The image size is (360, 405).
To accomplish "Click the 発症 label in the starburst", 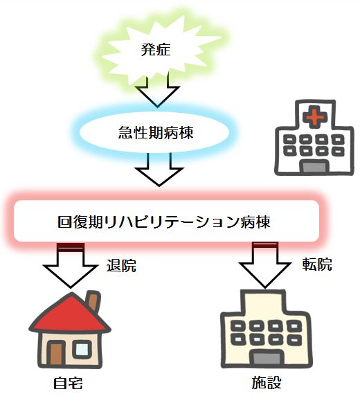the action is click(156, 50).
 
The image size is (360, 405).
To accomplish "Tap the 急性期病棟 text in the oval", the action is click(156, 133).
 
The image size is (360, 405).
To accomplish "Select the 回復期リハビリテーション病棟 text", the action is click(164, 222).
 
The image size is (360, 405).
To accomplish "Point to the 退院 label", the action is click(121, 265).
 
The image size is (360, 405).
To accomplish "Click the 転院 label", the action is click(317, 264).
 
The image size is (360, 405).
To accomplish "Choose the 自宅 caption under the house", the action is click(68, 383).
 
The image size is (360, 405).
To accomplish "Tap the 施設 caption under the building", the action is click(267, 383).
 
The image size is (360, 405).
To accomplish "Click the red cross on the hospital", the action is click(315, 116).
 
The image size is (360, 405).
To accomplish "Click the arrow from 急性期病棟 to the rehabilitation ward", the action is click(159, 169).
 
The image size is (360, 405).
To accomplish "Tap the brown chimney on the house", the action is click(93, 300).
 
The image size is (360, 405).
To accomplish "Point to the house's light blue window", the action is click(82, 350).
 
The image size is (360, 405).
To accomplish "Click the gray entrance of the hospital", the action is click(314, 167).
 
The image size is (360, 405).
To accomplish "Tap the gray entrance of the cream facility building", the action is click(267, 358).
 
